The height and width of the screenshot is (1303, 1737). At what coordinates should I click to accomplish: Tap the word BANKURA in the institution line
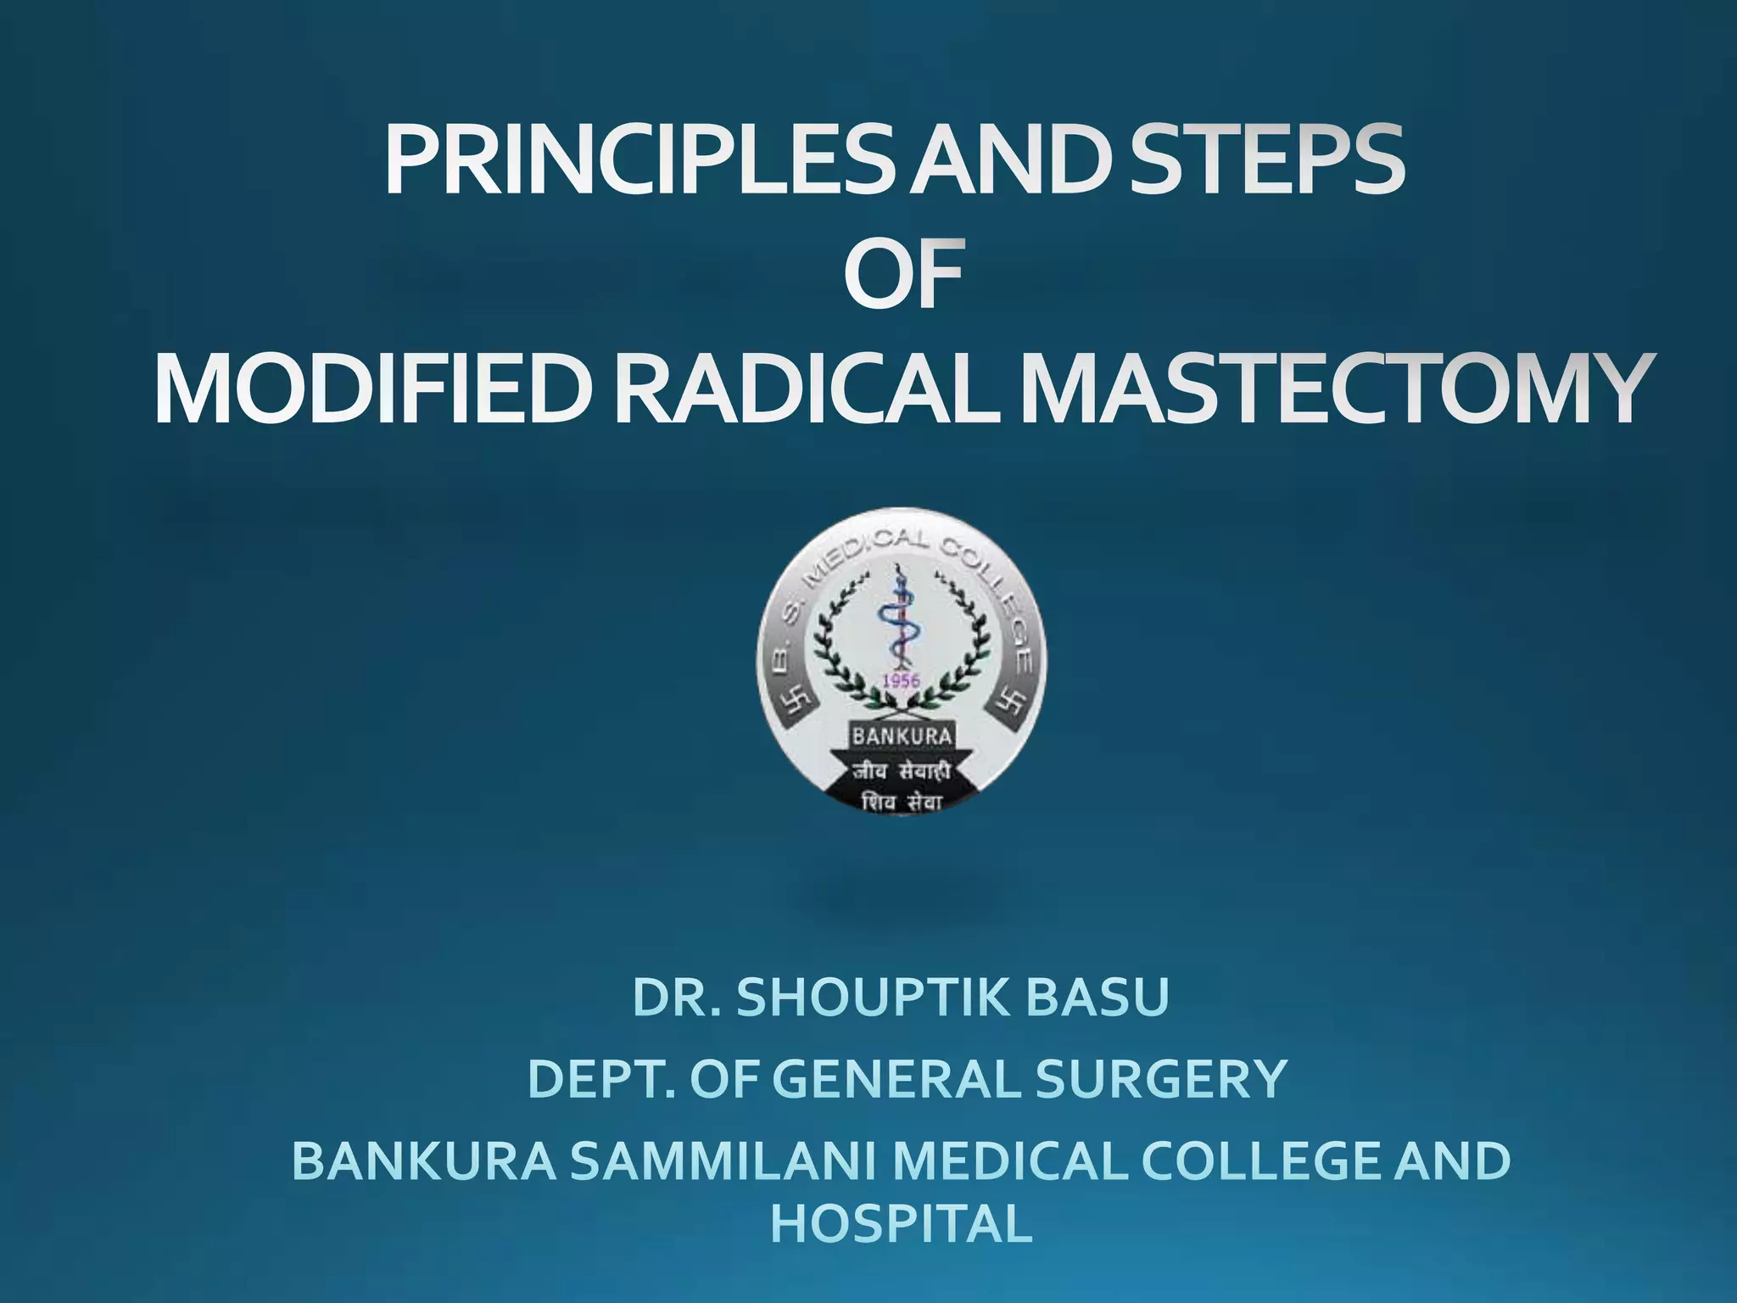pos(424,1161)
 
